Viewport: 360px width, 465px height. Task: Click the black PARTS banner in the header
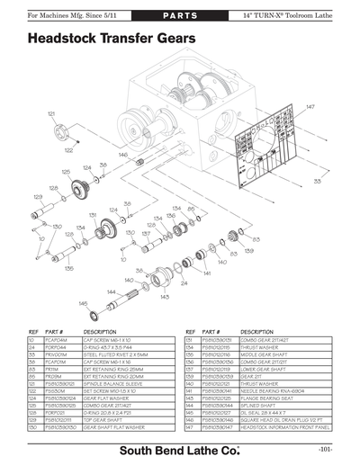click(179, 16)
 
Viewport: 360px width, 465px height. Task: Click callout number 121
click(51, 113)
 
